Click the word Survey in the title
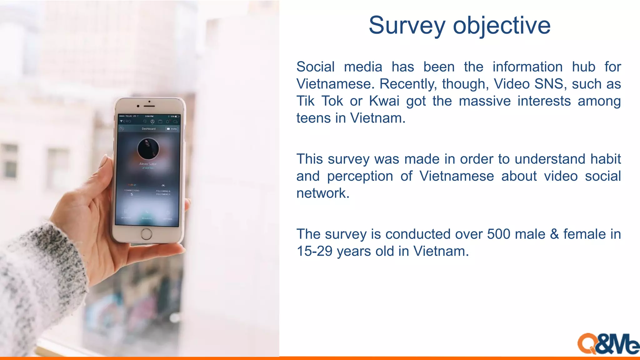pyautogui.click(x=407, y=26)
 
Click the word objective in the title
pyautogui.click(x=502, y=26)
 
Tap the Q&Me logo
pyautogui.click(x=608, y=344)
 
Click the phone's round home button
pyautogui.click(x=146, y=234)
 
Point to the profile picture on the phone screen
pyautogui.click(x=148, y=148)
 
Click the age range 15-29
pyautogui.click(x=314, y=251)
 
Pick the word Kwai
pyautogui.click(x=384, y=101)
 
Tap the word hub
pyautogui.click(x=583, y=67)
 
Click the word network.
pyautogui.click(x=322, y=193)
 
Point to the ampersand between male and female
pyautogui.click(x=554, y=234)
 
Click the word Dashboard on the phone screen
pyautogui.click(x=148, y=129)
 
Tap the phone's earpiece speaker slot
pyautogui.click(x=149, y=106)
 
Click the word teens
pyautogui.click(x=313, y=118)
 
